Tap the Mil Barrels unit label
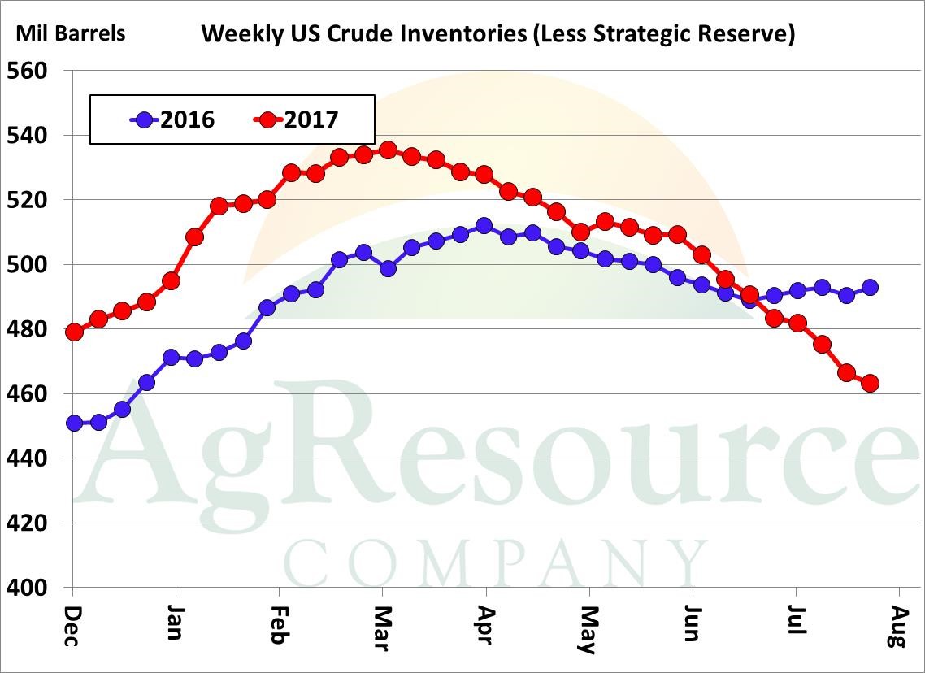[71, 33]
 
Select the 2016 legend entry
[172, 119]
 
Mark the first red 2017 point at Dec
[74, 332]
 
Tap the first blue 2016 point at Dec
[74, 423]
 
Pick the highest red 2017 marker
[388, 150]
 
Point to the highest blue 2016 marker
[484, 226]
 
